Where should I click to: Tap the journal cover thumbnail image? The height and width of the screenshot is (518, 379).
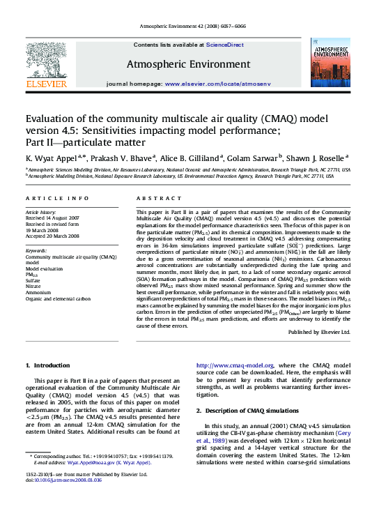[x=330, y=63]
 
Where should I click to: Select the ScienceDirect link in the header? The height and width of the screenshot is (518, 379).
[x=224, y=45]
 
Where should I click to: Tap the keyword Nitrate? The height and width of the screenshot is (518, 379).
[x=34, y=286]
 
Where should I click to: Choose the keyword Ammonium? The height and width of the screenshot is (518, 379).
[x=38, y=292]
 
